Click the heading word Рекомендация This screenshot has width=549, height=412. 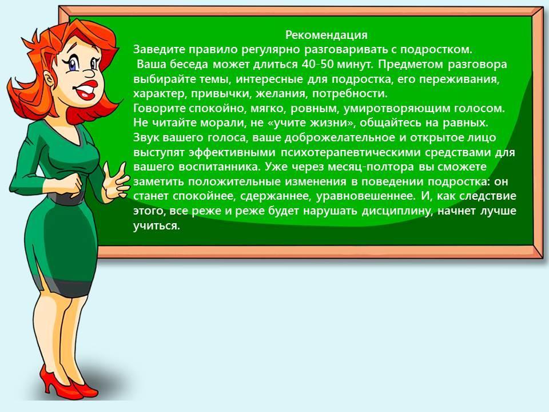pos(327,35)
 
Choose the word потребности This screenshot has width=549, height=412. pos(350,94)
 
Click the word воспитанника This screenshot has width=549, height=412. pos(220,167)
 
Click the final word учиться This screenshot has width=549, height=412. pos(157,226)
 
